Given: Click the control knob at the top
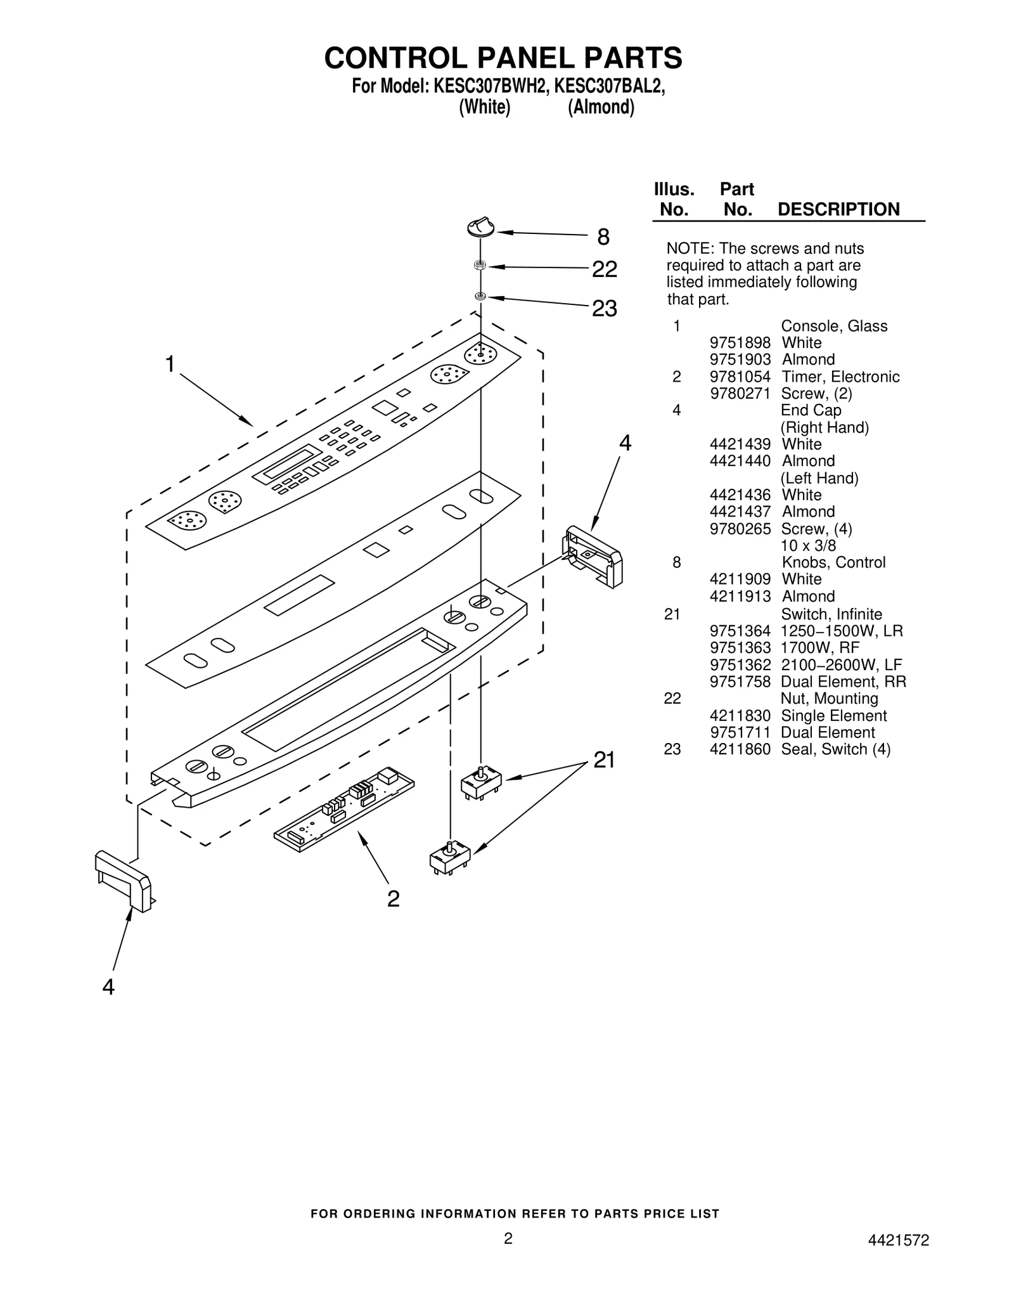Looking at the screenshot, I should (480, 228).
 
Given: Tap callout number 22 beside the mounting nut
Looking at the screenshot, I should (604, 269).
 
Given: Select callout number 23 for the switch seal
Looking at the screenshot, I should (604, 309).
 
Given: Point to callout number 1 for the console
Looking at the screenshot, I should (170, 365).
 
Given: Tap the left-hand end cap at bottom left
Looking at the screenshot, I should (123, 881).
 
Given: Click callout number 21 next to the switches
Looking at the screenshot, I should (604, 760).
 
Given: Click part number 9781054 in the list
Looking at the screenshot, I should (740, 377).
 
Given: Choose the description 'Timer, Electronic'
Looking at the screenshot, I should (840, 377).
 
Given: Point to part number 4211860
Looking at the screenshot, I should (740, 749).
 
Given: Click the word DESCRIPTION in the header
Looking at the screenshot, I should (838, 209).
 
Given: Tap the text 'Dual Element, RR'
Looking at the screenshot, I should (843, 682).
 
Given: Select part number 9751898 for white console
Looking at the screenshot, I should (740, 343).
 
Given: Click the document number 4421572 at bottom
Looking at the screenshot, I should (898, 1241).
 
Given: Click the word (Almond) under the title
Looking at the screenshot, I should (600, 107).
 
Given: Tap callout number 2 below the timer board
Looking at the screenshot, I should (393, 898).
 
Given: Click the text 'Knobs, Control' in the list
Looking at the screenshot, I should (833, 562).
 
